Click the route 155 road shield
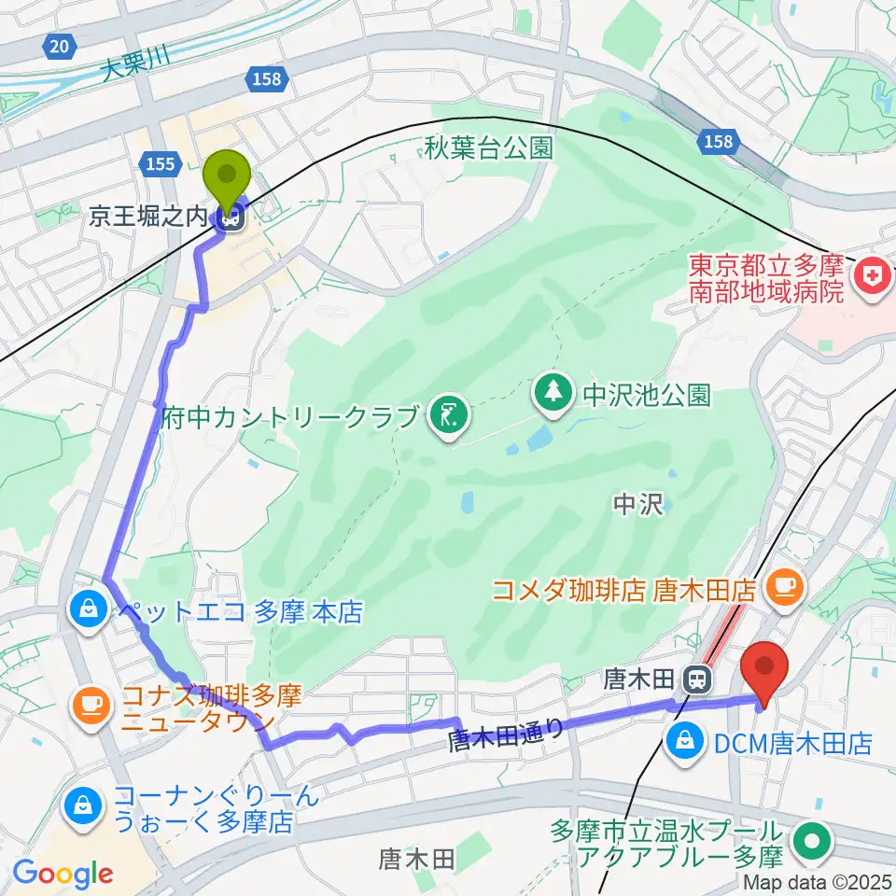tap(161, 164)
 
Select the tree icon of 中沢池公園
tap(554, 392)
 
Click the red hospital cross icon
tap(873, 277)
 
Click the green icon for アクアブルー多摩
tap(810, 840)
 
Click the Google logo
tap(63, 874)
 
